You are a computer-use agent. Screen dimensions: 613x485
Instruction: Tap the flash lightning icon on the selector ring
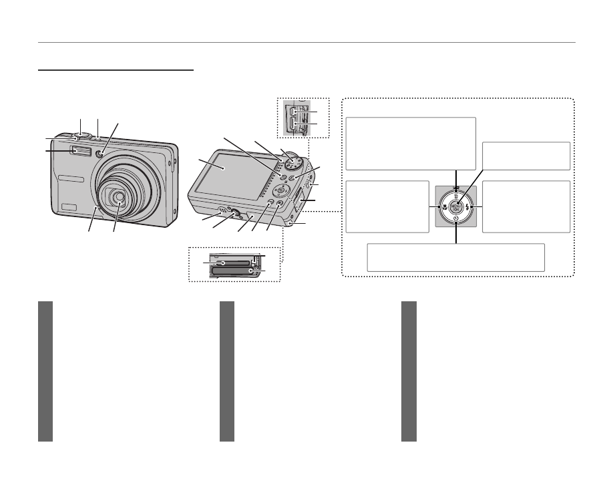click(x=469, y=206)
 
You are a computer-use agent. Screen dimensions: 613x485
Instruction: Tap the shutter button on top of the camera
click(x=83, y=136)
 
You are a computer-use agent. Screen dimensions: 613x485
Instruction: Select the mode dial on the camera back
click(x=292, y=163)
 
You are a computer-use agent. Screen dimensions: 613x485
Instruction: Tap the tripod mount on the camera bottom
click(x=234, y=213)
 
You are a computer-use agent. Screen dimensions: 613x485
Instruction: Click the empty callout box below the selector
click(x=456, y=257)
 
